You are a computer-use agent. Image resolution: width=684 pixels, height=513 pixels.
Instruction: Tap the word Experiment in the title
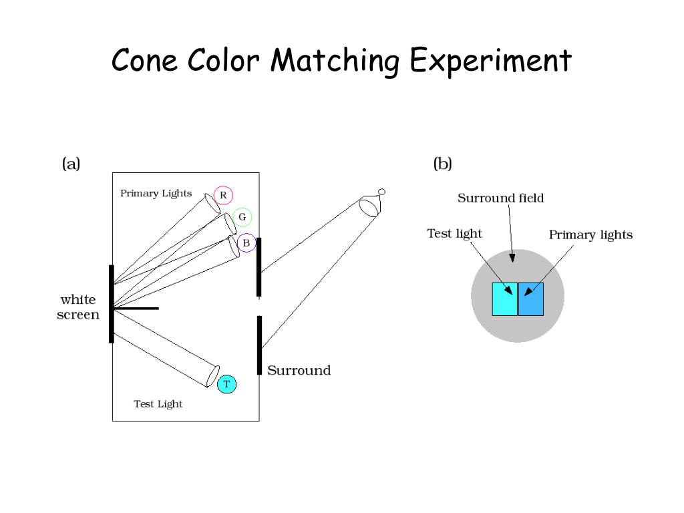tap(490, 61)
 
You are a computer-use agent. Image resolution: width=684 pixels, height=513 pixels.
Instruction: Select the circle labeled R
tap(223, 196)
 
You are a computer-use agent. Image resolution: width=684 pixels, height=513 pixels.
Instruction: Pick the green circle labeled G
tap(242, 217)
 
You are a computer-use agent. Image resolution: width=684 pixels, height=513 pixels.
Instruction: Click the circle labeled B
tap(246, 243)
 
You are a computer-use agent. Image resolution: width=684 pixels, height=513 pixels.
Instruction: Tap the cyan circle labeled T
tap(226, 384)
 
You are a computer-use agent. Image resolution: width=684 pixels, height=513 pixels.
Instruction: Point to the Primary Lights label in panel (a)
tap(156, 194)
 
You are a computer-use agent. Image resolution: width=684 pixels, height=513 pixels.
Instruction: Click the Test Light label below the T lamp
tap(158, 404)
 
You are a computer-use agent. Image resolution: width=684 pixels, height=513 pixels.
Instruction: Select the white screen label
tap(78, 307)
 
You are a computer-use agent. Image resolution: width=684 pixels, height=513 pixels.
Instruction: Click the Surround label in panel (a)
tap(299, 370)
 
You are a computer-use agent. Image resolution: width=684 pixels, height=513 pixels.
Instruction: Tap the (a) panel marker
tap(71, 164)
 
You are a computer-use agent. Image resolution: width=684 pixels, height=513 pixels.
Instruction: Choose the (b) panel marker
tap(442, 164)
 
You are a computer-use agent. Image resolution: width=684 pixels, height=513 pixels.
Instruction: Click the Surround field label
tap(500, 198)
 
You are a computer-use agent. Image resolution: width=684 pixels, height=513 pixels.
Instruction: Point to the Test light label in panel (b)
tap(454, 233)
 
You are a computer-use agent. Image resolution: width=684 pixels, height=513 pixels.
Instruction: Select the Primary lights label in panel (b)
tap(590, 234)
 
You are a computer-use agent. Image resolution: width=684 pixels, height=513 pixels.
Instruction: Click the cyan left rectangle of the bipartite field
tap(504, 299)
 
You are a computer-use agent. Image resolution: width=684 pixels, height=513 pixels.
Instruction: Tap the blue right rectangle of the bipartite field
tap(532, 299)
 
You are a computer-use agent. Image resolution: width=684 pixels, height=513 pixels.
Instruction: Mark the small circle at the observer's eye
tap(381, 192)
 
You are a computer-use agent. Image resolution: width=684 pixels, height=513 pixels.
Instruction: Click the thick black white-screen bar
tap(112, 304)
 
